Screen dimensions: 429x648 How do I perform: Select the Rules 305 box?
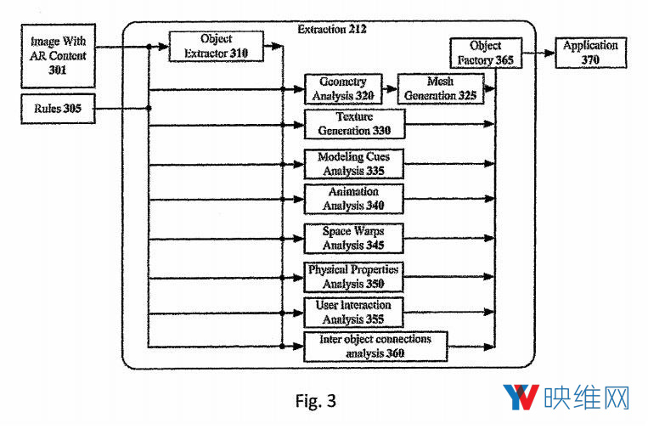coord(58,108)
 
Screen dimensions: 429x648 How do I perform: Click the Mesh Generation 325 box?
coord(442,88)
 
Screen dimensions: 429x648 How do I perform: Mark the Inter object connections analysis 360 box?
coord(375,346)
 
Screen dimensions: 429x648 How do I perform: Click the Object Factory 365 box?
coord(485,54)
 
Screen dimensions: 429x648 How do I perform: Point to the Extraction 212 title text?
coord(333,30)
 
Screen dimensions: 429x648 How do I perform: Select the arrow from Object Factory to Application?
coord(538,54)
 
